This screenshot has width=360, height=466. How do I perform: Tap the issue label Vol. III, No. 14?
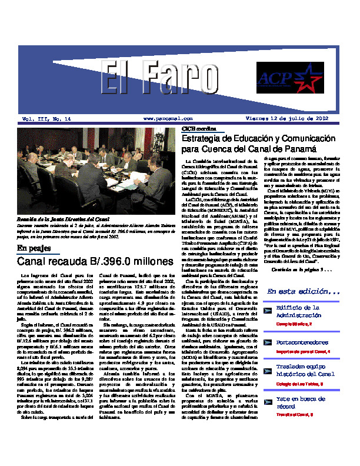click(x=46, y=119)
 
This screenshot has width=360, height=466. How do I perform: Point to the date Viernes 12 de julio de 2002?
click(x=286, y=119)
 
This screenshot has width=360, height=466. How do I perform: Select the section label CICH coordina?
click(x=195, y=128)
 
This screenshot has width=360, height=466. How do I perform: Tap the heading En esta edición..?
click(x=302, y=292)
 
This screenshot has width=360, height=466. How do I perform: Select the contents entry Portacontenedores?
click(x=302, y=342)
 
